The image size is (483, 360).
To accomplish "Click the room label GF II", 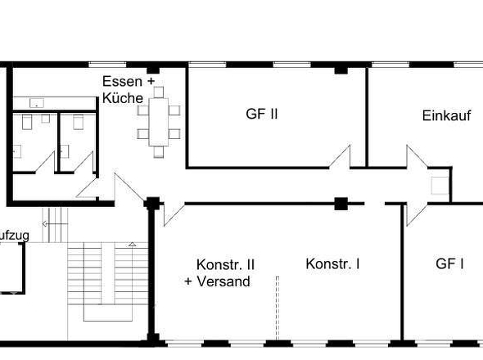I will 262,114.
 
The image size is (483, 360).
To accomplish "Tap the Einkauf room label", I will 446,116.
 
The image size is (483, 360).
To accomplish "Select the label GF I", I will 450,263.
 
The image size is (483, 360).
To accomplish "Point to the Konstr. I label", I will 333,263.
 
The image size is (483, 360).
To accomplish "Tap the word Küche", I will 123,98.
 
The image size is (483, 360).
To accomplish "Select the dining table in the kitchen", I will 159,119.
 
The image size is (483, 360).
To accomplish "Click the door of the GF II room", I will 341,157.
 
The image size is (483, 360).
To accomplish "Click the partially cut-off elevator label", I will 15,236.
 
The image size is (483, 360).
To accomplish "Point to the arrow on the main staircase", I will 132,244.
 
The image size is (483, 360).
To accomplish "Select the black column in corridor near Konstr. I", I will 341,203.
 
